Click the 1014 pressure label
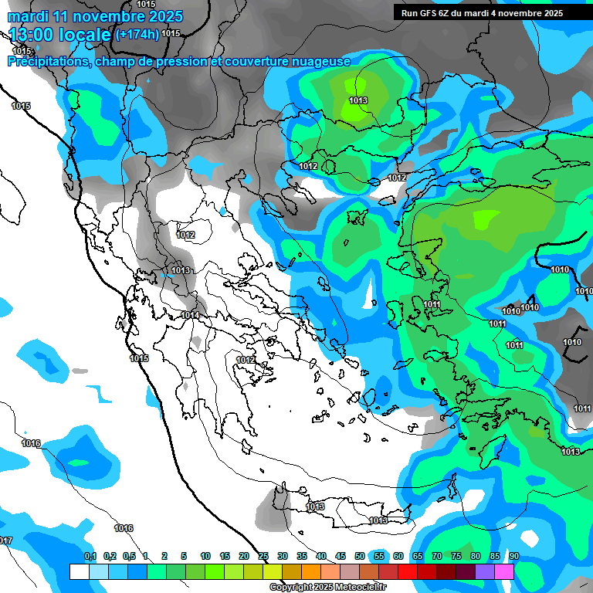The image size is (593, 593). pos(191,315)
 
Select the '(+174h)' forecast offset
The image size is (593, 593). pos(137,35)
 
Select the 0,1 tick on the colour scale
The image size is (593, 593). pos(90,556)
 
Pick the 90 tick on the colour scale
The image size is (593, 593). pos(514,556)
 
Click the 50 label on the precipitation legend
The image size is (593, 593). pos(360,556)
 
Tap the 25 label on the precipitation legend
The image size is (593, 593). pos(263,556)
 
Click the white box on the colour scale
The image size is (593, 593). pos(79,571)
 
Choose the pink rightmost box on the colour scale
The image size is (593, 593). pos(504,571)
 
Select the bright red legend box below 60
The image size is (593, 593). pos(408,571)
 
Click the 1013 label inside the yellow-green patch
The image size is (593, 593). pos(357,100)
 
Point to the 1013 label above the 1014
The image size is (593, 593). pos(181,270)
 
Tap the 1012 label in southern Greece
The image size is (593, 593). pos(246,360)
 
